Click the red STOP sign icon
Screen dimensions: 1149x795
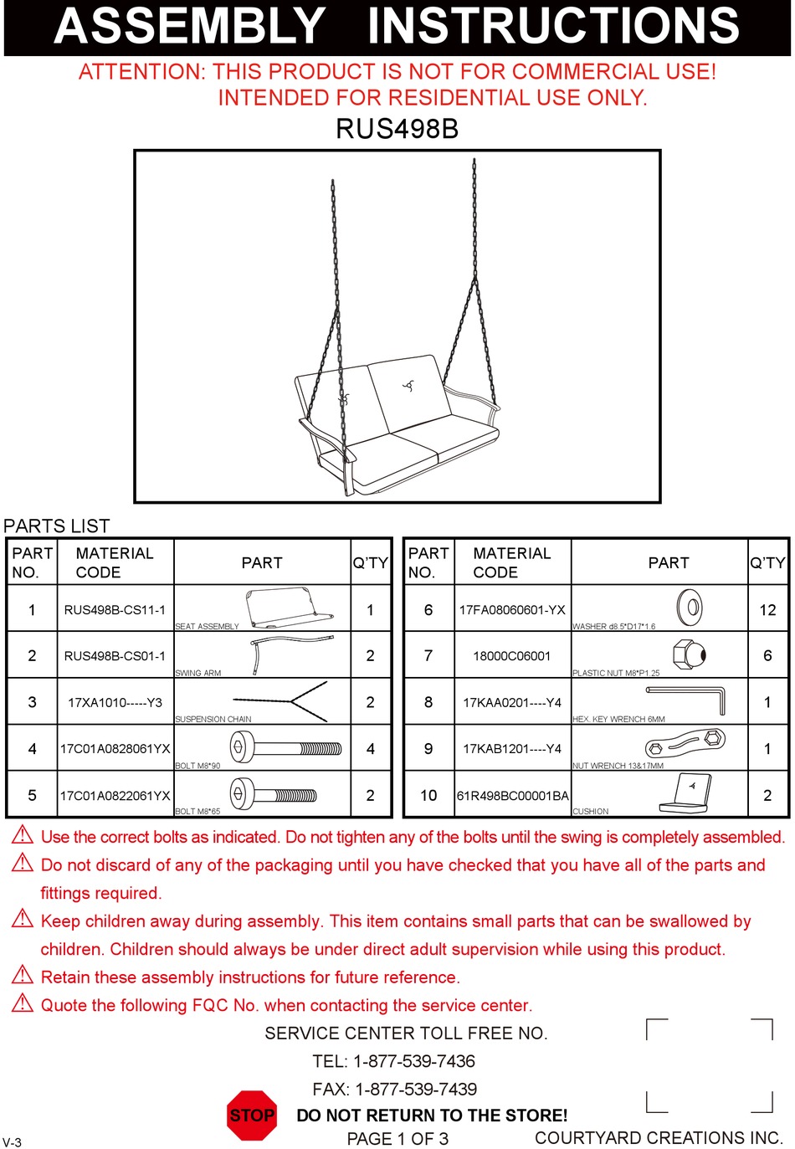coord(252,1115)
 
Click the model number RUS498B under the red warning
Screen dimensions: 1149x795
coord(397,129)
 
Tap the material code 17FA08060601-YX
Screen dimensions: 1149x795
coord(512,610)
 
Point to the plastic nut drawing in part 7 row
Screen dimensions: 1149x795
coord(690,654)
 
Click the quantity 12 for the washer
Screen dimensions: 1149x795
coord(767,610)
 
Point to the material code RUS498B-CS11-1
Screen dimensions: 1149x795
coord(115,610)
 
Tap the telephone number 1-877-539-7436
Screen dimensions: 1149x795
coord(414,1061)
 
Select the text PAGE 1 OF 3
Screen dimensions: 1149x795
coord(397,1138)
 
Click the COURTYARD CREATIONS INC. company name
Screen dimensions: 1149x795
coord(659,1137)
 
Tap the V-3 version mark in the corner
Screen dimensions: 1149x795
coord(12,1141)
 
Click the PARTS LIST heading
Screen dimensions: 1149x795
coord(57,526)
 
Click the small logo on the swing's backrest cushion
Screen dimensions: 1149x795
coord(408,386)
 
